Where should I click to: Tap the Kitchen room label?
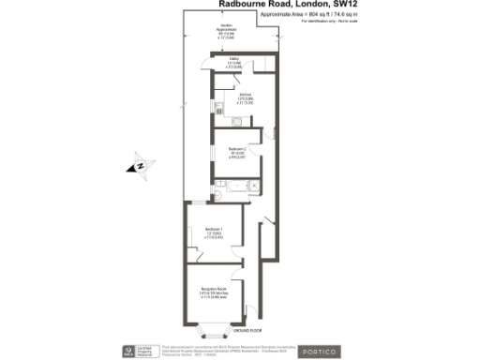pyautogui.click(x=247, y=97)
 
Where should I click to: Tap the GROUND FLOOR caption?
pyautogui.click(x=247, y=332)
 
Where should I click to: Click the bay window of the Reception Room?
pyautogui.click(x=213, y=329)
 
